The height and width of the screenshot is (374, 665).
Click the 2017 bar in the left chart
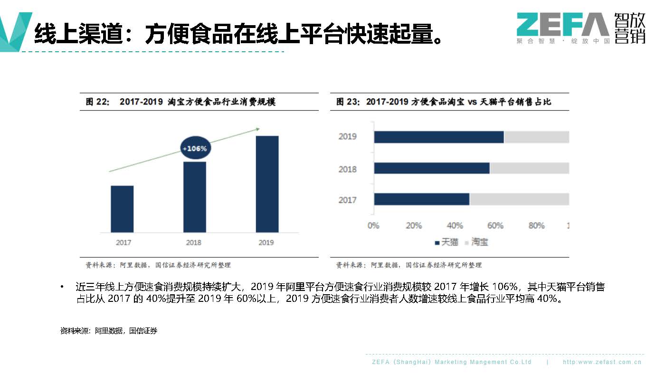pyautogui.click(x=122, y=209)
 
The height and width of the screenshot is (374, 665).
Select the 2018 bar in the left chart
pyautogui.click(x=195, y=197)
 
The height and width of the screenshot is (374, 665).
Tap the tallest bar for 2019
pyautogui.click(x=267, y=184)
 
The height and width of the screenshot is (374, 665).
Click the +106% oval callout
pyautogui.click(x=195, y=149)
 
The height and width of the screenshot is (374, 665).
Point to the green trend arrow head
pyautogui.click(x=258, y=129)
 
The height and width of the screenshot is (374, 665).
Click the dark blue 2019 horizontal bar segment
pyautogui.click(x=438, y=137)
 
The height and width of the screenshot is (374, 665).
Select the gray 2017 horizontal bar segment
pyautogui.click(x=519, y=199)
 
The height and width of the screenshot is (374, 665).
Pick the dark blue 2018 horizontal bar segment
pyautogui.click(x=431, y=168)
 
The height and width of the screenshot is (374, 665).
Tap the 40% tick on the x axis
pyautogui.click(x=455, y=225)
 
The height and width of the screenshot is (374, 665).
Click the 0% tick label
pyautogui.click(x=373, y=225)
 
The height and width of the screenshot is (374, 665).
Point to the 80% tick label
pyautogui.click(x=536, y=225)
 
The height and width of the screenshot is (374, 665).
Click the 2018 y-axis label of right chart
pyautogui.click(x=347, y=169)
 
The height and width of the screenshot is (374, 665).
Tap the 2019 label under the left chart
pyautogui.click(x=266, y=243)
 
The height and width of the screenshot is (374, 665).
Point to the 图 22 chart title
pyautogui.click(x=180, y=102)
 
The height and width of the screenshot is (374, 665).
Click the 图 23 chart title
pyautogui.click(x=444, y=102)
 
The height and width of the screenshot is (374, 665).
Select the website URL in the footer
pyautogui.click(x=602, y=362)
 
